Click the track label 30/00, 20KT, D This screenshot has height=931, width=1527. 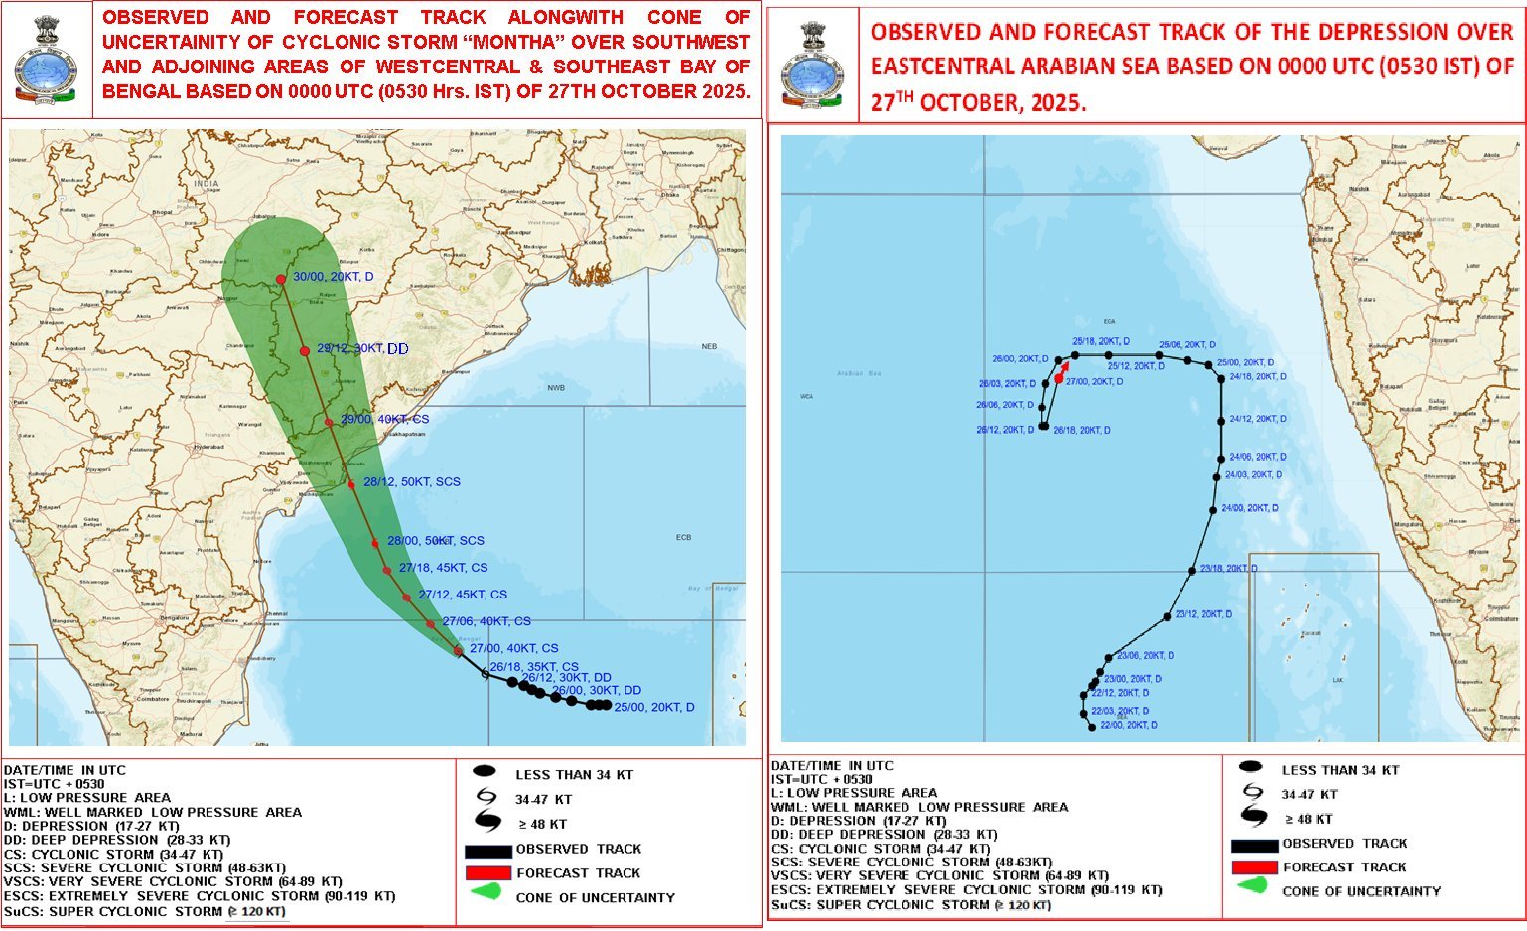point(334,277)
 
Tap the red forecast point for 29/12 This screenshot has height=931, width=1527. point(305,351)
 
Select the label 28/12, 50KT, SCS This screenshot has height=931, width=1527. point(412,482)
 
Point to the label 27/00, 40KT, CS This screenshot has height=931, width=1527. point(514,648)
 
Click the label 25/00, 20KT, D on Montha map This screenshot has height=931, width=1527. point(654,708)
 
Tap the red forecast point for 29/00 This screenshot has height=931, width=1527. point(329,423)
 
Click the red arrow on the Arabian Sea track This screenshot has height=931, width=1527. point(1063,372)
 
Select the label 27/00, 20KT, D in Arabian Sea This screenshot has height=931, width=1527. point(1095,382)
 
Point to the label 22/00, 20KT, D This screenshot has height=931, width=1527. point(1129,726)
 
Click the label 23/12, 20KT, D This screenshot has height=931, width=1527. point(1203,615)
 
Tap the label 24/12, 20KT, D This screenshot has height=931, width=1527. point(1258,420)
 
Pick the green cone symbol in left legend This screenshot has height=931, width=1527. point(486,895)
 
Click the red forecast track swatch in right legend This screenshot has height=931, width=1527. point(1254,867)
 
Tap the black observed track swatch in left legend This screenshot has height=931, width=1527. point(488,851)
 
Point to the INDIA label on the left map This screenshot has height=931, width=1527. point(206,184)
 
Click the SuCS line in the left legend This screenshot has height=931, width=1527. point(145,912)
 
